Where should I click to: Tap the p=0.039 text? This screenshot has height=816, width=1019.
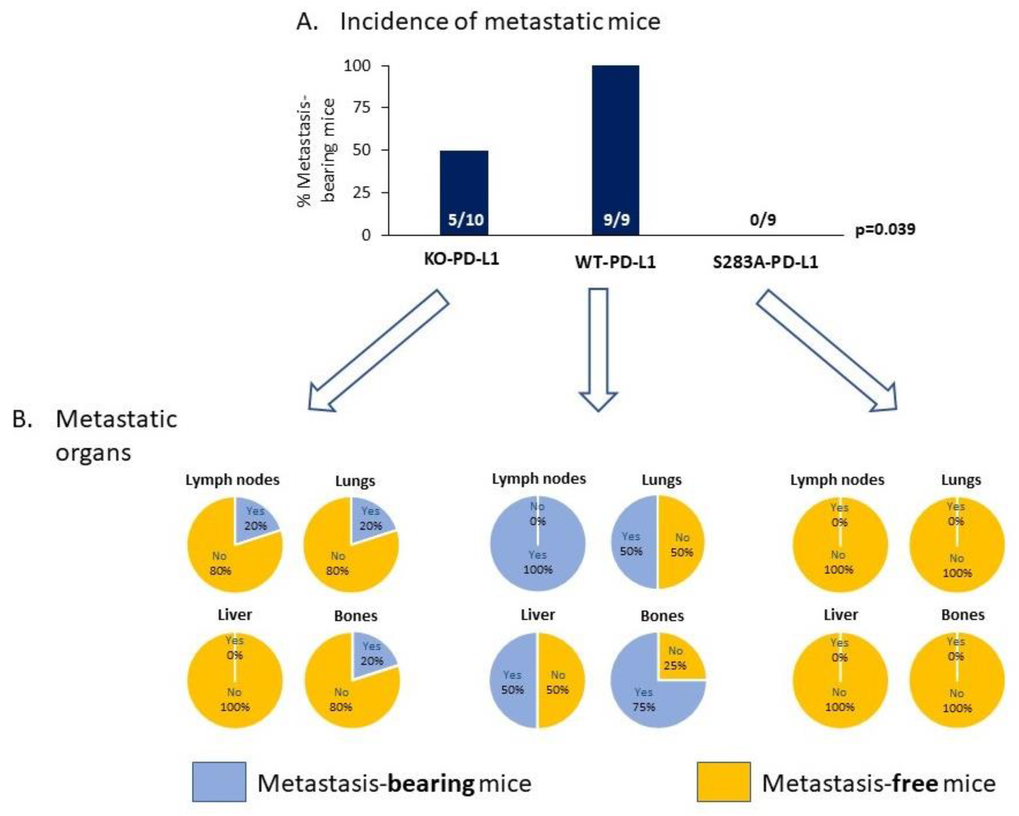[x=885, y=229]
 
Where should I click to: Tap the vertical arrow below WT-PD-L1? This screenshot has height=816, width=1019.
[x=598, y=350]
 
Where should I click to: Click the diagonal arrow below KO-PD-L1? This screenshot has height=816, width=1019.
[x=378, y=350]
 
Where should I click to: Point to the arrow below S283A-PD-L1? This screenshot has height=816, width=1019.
[x=827, y=350]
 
